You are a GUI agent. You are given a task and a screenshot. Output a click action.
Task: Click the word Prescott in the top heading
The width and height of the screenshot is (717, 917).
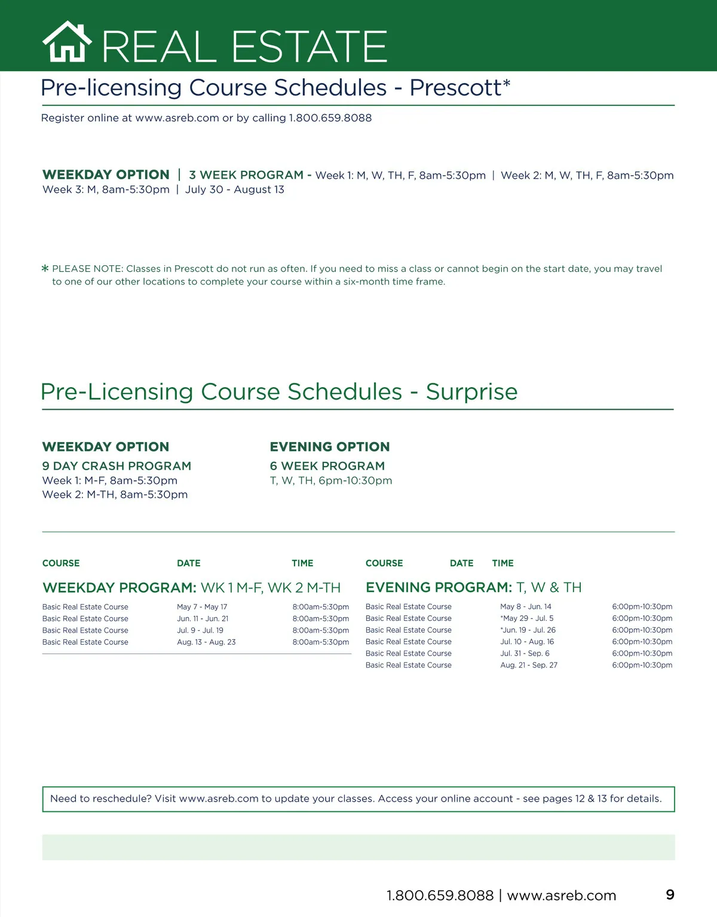coord(455,88)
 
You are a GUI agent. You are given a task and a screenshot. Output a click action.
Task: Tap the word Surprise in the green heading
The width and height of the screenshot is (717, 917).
coord(471,392)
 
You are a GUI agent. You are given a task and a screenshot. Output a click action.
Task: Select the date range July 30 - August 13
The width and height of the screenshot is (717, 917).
coord(235,189)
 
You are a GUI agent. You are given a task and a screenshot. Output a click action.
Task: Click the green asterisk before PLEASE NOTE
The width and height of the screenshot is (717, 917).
coord(45,269)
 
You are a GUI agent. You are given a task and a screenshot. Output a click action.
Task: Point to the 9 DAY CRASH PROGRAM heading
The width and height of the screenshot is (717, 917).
coord(117,466)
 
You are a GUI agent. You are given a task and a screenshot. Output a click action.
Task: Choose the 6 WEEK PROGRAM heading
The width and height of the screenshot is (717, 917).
coord(327,466)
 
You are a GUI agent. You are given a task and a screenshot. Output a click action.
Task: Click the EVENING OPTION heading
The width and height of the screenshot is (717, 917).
coord(330,447)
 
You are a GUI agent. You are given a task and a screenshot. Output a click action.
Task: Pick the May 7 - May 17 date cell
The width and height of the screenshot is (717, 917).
coord(202,607)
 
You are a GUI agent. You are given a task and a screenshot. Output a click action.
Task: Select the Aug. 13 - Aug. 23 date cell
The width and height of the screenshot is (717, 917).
coord(206,642)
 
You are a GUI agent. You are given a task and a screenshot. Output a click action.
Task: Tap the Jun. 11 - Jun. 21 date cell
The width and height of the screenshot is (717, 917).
coord(203,619)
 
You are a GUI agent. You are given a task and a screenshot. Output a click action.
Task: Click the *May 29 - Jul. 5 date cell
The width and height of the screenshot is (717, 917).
coord(527,618)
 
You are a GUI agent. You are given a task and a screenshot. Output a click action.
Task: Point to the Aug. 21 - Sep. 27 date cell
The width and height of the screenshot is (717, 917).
coord(529,665)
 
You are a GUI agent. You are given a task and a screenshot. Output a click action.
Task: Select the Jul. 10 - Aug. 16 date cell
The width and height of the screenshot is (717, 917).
coord(527,642)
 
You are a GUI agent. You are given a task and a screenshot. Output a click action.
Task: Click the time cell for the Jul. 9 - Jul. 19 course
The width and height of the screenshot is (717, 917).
coord(321,630)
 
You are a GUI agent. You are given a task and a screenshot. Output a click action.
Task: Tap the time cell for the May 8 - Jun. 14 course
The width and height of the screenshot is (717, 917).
coord(642,606)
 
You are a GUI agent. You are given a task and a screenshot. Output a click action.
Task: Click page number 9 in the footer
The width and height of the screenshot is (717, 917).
coord(670,894)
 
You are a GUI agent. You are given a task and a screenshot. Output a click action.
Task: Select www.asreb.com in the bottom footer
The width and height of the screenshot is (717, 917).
coord(562,895)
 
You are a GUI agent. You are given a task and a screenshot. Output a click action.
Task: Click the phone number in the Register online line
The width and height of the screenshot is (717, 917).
coord(330,118)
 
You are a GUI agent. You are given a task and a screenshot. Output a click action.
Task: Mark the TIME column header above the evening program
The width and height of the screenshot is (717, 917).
coord(503,563)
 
